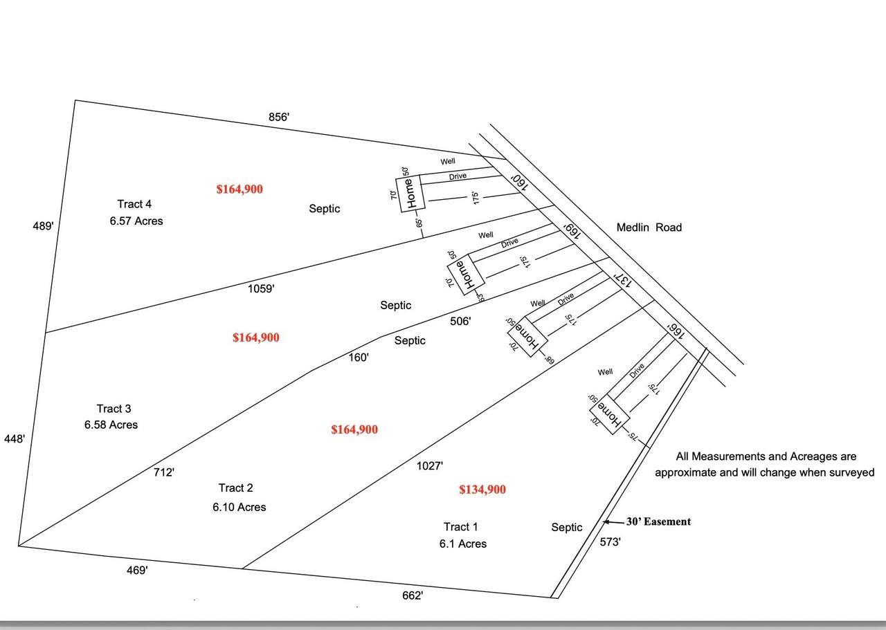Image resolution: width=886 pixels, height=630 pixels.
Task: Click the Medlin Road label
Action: click(649, 228)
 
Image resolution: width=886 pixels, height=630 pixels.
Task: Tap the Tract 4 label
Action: click(134, 204)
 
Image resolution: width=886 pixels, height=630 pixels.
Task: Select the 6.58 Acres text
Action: click(111, 425)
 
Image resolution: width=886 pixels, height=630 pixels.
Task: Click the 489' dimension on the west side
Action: click(43, 225)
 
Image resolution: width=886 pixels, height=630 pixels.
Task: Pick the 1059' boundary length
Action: click(261, 289)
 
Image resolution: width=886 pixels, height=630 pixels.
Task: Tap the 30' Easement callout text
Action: click(658, 522)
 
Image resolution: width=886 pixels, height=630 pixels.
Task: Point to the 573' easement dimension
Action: click(610, 543)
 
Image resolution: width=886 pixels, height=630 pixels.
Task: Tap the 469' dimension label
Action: click(137, 571)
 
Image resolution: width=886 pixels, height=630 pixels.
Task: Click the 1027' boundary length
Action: click(429, 466)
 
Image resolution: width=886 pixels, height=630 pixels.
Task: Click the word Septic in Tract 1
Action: click(566, 528)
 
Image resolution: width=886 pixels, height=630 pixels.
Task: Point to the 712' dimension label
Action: click(164, 472)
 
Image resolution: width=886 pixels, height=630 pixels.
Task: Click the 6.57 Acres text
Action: click(136, 221)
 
